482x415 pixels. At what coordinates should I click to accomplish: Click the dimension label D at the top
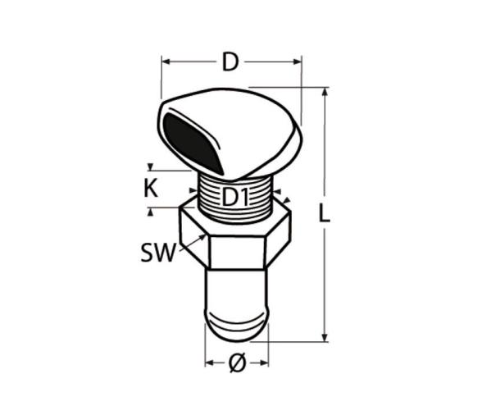pyautogui.click(x=230, y=62)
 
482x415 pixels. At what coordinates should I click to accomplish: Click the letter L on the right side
pyautogui.click(x=324, y=212)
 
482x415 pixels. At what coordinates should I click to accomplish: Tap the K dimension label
pyautogui.click(x=151, y=188)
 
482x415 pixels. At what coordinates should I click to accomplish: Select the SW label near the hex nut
pyautogui.click(x=158, y=253)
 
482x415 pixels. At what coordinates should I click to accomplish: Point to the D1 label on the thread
pyautogui.click(x=234, y=197)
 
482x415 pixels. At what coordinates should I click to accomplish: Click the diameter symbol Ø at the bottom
pyautogui.click(x=238, y=363)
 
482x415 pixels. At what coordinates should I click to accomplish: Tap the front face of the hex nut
pyautogui.click(x=237, y=253)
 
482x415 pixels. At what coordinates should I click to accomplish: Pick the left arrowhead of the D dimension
pyautogui.click(x=166, y=62)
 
